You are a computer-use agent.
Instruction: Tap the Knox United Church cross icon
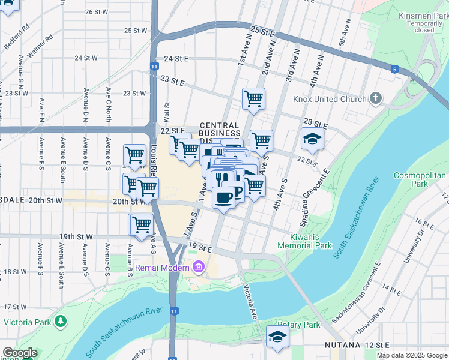point(376,98)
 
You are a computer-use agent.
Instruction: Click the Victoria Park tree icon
point(60,322)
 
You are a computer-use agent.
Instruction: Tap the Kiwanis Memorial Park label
point(306,241)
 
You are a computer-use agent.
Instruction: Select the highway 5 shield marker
point(394,70)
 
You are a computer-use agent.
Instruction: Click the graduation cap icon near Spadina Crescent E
point(312,139)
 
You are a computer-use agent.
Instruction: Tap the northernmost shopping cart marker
point(253,98)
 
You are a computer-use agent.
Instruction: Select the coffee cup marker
point(224,197)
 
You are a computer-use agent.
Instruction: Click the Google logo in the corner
point(19,353)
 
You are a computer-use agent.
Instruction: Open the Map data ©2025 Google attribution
point(412,355)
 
